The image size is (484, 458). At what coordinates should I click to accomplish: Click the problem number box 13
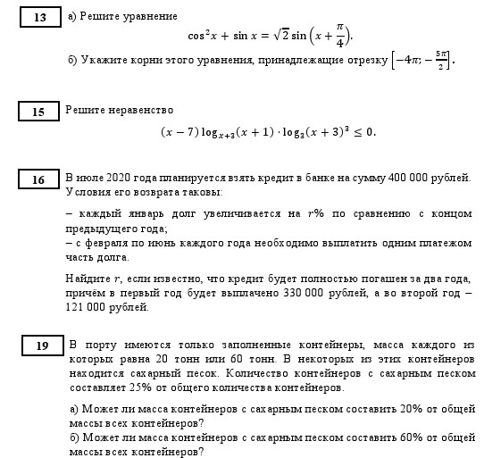[x=39, y=18]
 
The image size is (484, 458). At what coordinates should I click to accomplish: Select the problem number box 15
[x=38, y=112]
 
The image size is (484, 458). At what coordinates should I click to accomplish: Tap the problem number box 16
[x=38, y=180]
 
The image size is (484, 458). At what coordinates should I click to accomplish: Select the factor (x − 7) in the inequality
[x=177, y=131]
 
